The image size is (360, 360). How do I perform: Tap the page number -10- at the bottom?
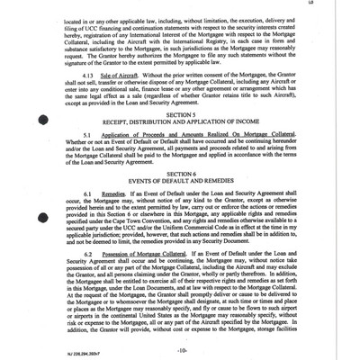tap(180, 346)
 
